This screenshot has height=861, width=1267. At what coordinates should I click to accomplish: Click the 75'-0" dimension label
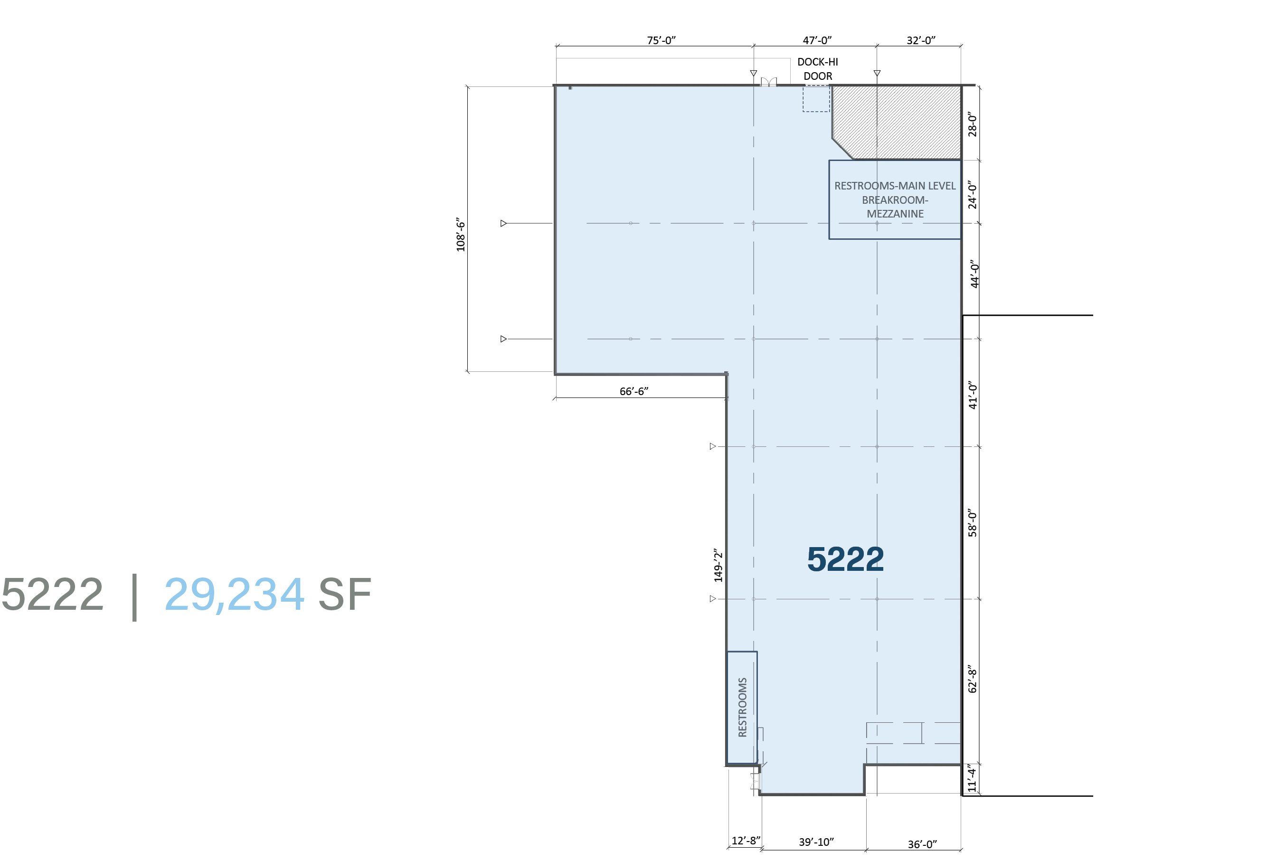pyautogui.click(x=662, y=40)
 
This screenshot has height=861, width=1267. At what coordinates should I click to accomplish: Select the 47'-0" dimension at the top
pyautogui.click(x=817, y=40)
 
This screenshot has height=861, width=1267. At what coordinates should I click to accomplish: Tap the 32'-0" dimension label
pyautogui.click(x=921, y=40)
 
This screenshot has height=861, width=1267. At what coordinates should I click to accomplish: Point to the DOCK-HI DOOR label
pyautogui.click(x=818, y=69)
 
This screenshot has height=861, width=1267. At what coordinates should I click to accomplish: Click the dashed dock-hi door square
pyautogui.click(x=816, y=99)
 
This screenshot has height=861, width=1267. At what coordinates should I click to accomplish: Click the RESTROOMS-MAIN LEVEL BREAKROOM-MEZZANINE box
pyautogui.click(x=895, y=199)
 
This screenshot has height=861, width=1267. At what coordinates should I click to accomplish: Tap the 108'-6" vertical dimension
pyautogui.click(x=461, y=235)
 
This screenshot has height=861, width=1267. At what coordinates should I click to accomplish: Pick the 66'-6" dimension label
pyautogui.click(x=633, y=391)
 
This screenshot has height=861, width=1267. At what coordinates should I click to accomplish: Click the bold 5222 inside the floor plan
pyautogui.click(x=845, y=559)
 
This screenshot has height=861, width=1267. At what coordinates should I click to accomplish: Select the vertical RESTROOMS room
pyautogui.click(x=742, y=707)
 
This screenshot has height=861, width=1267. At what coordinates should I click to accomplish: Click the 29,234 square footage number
pyautogui.click(x=235, y=595)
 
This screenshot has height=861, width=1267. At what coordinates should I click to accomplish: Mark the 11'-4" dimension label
pyautogui.click(x=972, y=778)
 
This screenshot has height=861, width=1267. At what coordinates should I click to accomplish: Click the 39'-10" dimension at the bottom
pyautogui.click(x=816, y=842)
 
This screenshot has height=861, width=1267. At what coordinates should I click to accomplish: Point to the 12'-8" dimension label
pyautogui.click(x=746, y=840)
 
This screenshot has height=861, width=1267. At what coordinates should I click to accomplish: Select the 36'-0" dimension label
pyautogui.click(x=922, y=844)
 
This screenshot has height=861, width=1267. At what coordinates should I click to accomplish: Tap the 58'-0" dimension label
pyautogui.click(x=972, y=523)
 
